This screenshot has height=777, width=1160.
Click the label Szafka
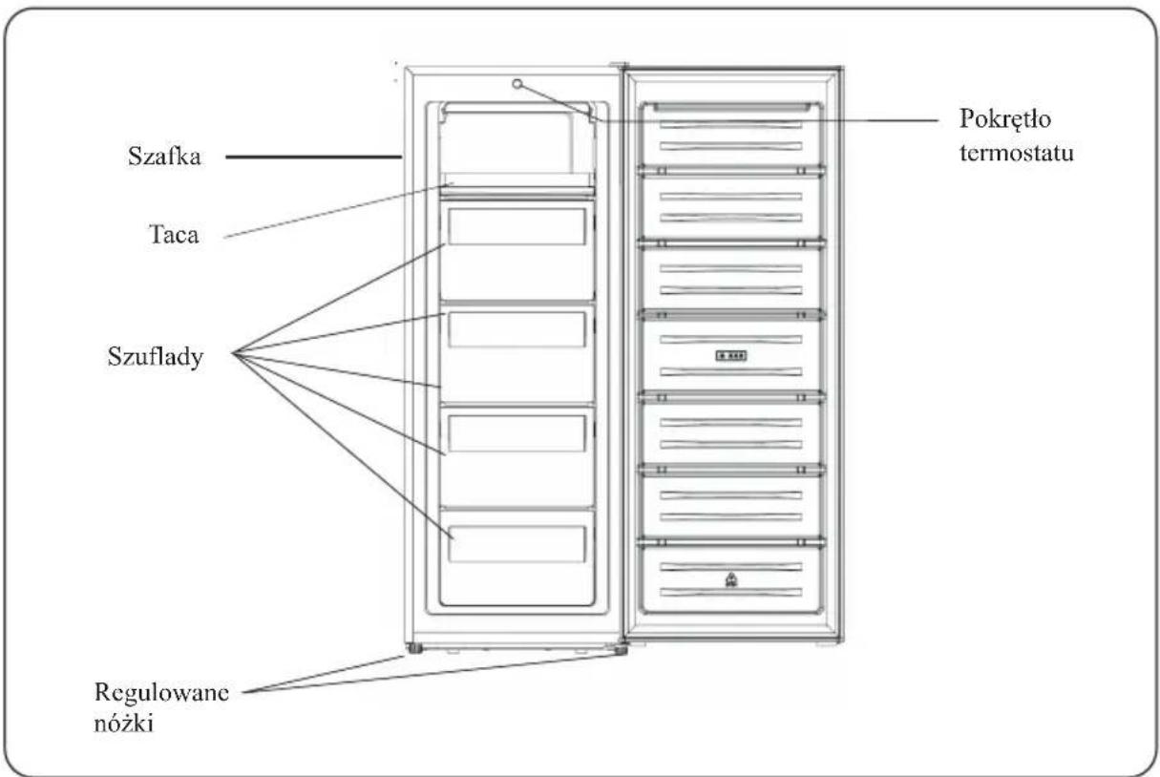click(164, 156)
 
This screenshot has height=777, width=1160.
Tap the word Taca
click(174, 235)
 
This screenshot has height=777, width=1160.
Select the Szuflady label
click(156, 357)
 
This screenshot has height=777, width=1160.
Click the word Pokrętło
click(1004, 119)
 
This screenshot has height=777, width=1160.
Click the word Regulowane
click(161, 693)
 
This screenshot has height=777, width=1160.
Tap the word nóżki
click(124, 723)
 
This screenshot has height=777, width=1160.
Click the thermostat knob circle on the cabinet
click(517, 84)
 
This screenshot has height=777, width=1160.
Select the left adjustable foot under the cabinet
click(413, 648)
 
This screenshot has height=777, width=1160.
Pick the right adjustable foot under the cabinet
click(620, 649)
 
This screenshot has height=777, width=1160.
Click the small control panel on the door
click(730, 356)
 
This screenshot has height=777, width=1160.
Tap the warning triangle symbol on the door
click(730, 580)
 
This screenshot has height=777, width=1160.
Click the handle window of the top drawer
click(517, 227)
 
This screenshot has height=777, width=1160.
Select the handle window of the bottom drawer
click(517, 543)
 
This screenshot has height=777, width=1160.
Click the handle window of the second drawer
click(517, 329)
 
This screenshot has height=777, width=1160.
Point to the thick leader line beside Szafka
click(313, 157)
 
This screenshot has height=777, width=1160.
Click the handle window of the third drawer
click(517, 433)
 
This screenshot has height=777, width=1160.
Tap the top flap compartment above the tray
click(517, 138)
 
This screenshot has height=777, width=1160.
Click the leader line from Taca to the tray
click(339, 210)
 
